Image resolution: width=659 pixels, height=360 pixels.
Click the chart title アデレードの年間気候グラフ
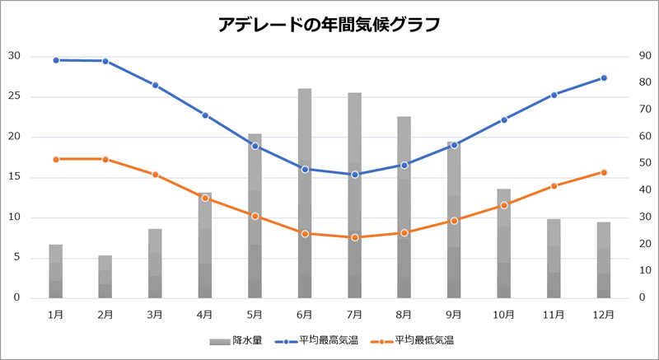[x=329, y=25]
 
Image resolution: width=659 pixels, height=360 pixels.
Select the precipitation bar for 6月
[x=305, y=193]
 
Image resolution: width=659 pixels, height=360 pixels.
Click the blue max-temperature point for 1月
[x=56, y=60]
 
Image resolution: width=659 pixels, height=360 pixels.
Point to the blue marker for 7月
[x=355, y=175]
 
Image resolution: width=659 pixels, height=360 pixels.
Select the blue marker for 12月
[x=604, y=77]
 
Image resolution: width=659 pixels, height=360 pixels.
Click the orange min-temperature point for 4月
[x=205, y=198]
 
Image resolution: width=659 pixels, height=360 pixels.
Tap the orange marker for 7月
[x=355, y=237]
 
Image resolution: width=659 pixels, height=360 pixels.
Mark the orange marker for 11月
[x=554, y=186]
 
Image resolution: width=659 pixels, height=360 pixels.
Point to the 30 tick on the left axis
[x=14, y=56]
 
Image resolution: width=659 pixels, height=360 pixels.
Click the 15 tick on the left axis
[x=14, y=177]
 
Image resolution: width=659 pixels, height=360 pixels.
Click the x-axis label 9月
[x=454, y=314]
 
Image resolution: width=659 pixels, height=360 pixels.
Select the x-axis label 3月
[x=155, y=314]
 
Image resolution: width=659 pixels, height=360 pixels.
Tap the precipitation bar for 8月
[x=404, y=207]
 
